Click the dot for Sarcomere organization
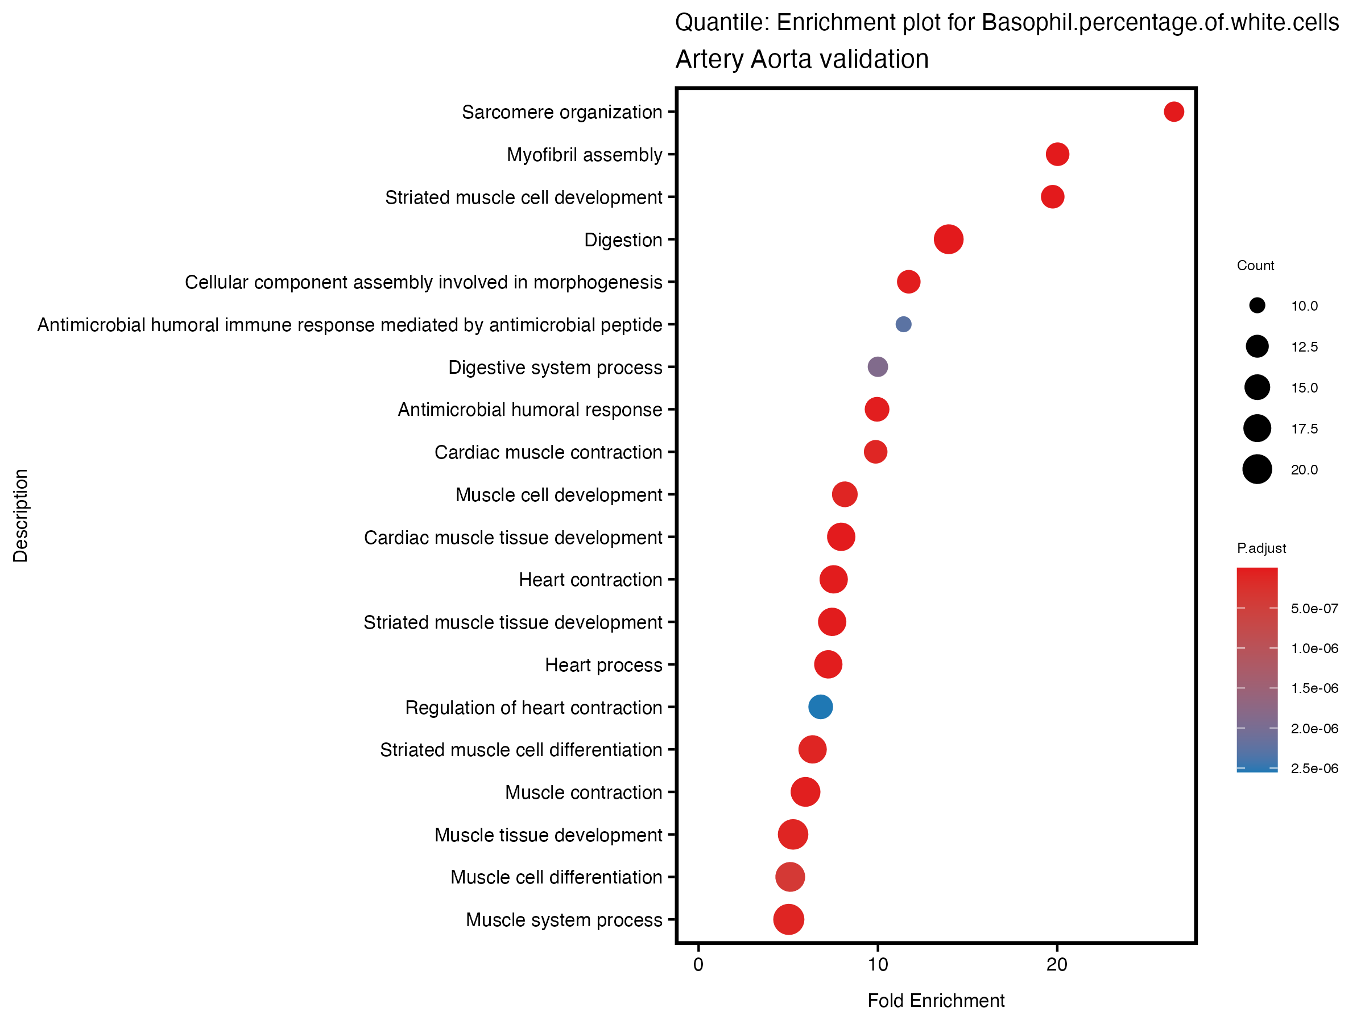click(1173, 112)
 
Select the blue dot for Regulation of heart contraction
click(820, 707)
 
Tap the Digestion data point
click(949, 240)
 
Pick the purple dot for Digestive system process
click(878, 366)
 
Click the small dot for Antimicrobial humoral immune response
click(903, 324)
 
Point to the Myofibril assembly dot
click(1057, 154)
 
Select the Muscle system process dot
click(788, 919)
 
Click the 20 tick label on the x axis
click(1057, 965)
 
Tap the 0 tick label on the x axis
click(698, 965)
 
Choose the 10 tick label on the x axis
click(878, 965)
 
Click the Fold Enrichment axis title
click(936, 1001)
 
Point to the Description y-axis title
click(20, 515)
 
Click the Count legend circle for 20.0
click(1257, 470)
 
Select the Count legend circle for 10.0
click(1257, 305)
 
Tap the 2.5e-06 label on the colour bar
click(1314, 769)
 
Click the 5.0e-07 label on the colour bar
click(1314, 609)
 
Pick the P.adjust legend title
click(1261, 548)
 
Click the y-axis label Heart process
click(603, 665)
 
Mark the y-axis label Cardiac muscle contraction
click(548, 452)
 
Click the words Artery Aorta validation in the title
click(801, 59)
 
